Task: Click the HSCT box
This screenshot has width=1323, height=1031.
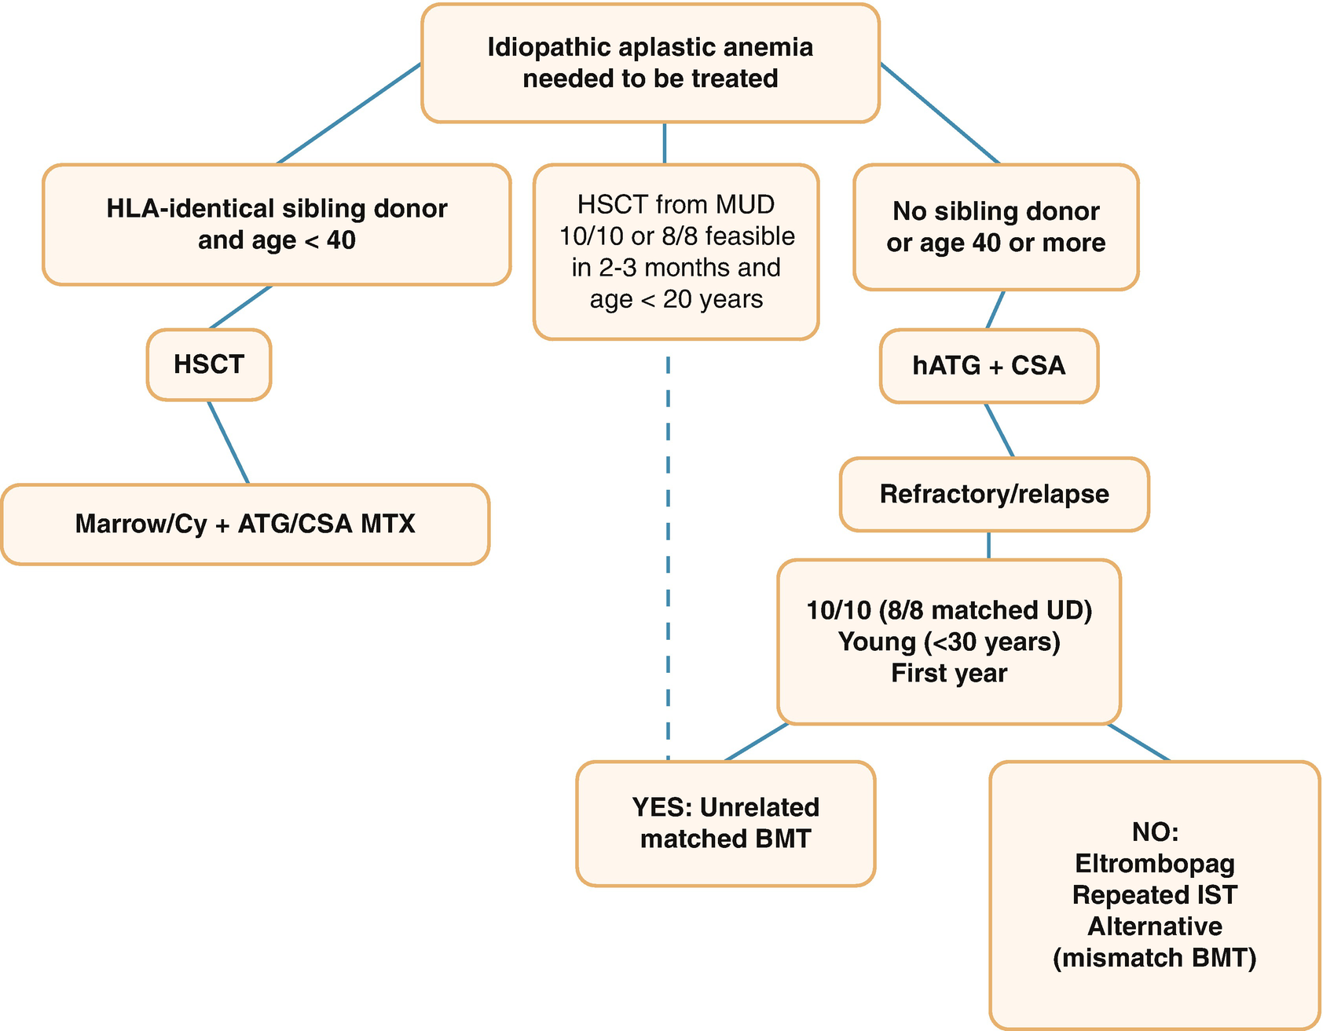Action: pos(209,365)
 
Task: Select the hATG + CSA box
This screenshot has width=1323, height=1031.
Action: pos(988,366)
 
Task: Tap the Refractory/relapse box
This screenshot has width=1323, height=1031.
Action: pos(994,495)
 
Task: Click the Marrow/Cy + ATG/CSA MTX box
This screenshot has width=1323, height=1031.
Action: pos(245,524)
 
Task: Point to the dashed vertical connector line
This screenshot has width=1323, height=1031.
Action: pos(668,550)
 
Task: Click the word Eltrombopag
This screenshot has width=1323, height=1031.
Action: pos(1154,864)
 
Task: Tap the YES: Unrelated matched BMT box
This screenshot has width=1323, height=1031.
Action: pos(725,823)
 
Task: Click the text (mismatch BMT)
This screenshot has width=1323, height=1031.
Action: pos(1154,958)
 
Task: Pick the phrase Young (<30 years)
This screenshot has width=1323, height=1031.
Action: pos(949,642)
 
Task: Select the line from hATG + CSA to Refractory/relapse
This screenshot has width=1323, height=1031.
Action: pos(999,430)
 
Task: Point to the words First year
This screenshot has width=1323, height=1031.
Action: pos(949,674)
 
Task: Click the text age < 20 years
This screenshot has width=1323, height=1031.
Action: pos(676,299)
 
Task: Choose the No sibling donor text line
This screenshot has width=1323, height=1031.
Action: pos(995,211)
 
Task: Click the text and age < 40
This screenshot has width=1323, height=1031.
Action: pos(277,240)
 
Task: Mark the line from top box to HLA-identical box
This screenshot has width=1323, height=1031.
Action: pos(350,114)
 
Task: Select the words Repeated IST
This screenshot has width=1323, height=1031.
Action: pos(1154,895)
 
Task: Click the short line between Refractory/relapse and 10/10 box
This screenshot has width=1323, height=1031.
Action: pos(988,545)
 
